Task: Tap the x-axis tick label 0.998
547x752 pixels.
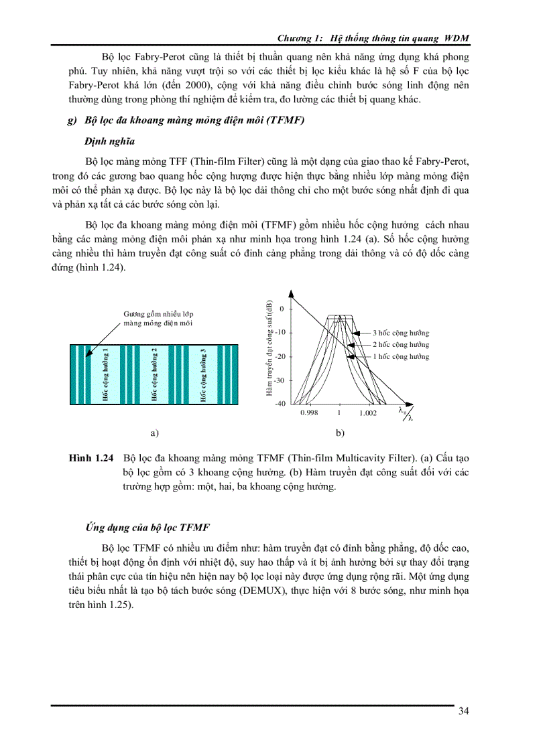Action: tap(309, 413)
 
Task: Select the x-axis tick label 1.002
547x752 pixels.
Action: tap(367, 413)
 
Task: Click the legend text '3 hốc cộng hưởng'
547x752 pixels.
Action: tap(401, 333)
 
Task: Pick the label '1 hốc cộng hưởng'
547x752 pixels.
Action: tap(401, 357)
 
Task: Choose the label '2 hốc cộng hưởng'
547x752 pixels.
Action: tap(401, 344)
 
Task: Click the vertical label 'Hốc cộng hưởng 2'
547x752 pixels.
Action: tap(154, 375)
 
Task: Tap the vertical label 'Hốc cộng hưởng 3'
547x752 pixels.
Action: tap(202, 375)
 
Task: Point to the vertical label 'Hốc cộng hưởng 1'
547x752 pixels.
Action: tap(106, 375)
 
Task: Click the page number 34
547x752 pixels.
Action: tap(463, 711)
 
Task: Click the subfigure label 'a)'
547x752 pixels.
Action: tap(155, 433)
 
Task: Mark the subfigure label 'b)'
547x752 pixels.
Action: tap(340, 433)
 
